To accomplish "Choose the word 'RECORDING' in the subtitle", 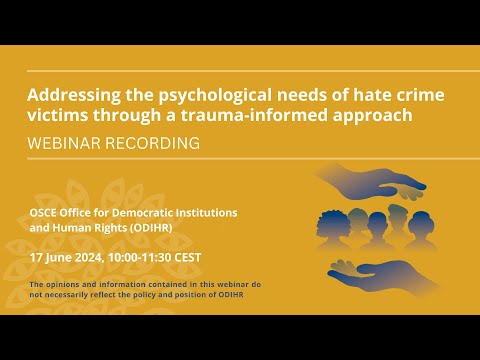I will click(155, 143).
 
